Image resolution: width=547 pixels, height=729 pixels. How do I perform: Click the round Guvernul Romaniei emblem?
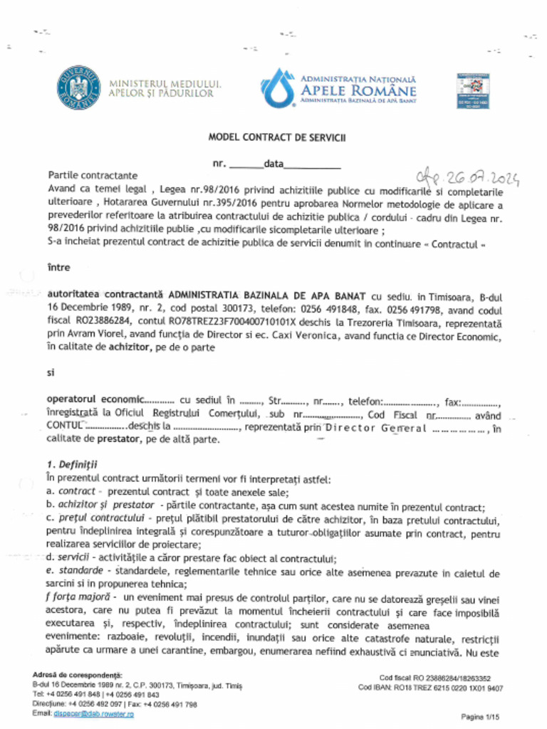pos(78,88)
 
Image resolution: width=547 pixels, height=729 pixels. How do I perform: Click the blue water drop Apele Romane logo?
pos(277,88)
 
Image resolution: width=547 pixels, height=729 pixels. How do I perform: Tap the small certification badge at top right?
pos(472,90)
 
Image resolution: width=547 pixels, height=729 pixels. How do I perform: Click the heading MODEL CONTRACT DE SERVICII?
pos(276,137)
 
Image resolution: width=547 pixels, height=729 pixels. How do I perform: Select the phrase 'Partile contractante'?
pos(93,175)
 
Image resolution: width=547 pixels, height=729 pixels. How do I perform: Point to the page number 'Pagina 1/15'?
pos(481,716)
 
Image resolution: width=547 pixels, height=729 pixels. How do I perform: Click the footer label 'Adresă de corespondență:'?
pos(78,675)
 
